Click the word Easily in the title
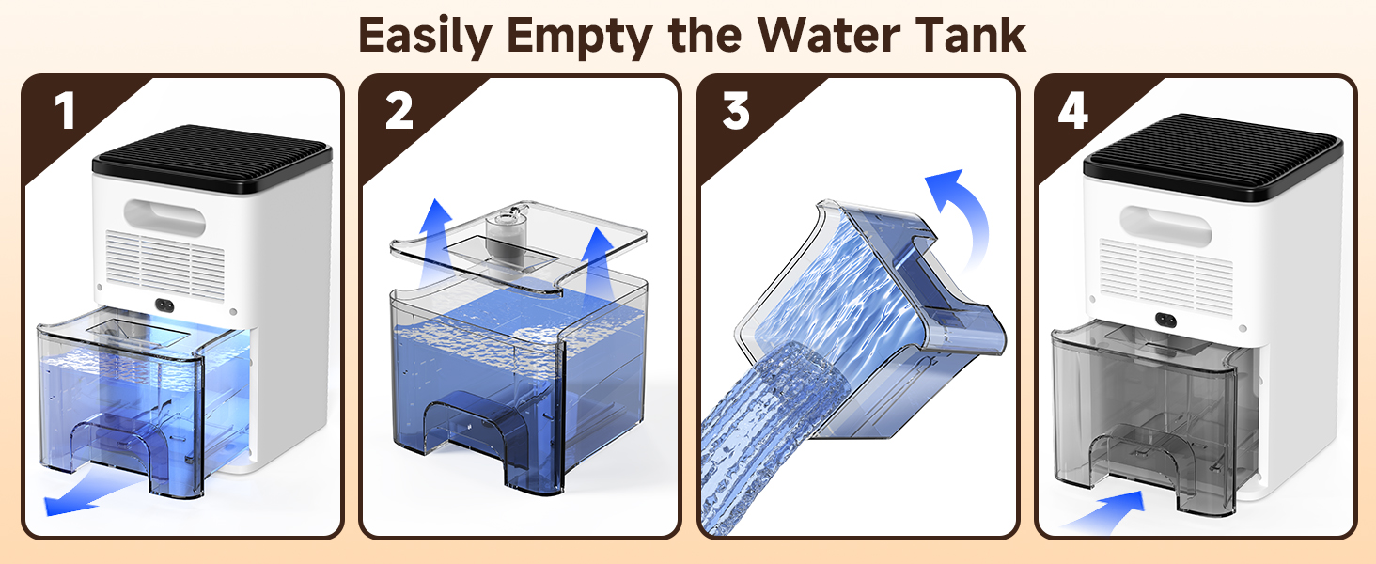coord(425,36)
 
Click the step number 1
coord(65,111)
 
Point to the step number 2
coord(399,111)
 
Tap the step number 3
coord(736,111)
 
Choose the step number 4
coord(1073,111)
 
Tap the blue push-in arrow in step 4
coord(1105,513)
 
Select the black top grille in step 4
coord(1213,157)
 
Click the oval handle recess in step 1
coord(164,217)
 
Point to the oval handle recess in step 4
coord(1165,226)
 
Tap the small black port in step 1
coord(164,305)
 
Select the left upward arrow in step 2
coord(435,243)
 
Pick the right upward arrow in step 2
coord(596,264)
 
